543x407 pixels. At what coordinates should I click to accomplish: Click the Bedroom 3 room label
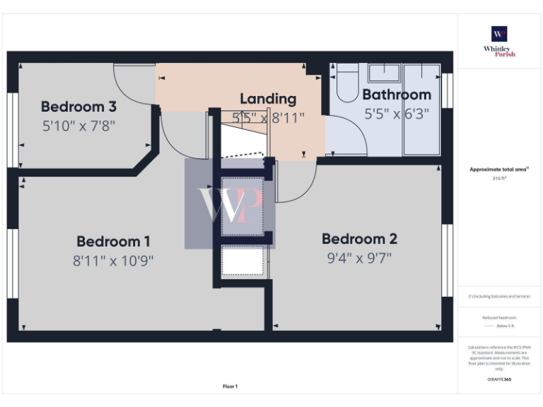point(78,107)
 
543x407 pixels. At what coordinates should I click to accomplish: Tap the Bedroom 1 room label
point(113,242)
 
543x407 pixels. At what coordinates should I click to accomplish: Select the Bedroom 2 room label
point(359,239)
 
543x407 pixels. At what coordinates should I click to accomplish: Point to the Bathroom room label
point(397,95)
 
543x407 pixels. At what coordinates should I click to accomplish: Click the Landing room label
point(268,99)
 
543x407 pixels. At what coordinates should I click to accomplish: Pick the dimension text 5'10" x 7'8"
point(78,126)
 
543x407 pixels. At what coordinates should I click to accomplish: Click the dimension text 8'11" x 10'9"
point(113,260)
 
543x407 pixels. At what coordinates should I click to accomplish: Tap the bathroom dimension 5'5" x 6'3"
point(397,113)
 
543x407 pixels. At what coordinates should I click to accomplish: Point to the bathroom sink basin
point(385,73)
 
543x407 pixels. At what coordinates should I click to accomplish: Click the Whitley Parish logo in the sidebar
point(499,42)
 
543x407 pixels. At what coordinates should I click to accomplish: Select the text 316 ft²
point(499,179)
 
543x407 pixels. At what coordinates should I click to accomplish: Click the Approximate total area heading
point(499,170)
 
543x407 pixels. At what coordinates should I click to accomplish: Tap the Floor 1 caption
point(230,387)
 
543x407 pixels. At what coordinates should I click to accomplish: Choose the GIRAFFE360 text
point(499,379)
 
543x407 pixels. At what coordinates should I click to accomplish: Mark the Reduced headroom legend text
point(499,318)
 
